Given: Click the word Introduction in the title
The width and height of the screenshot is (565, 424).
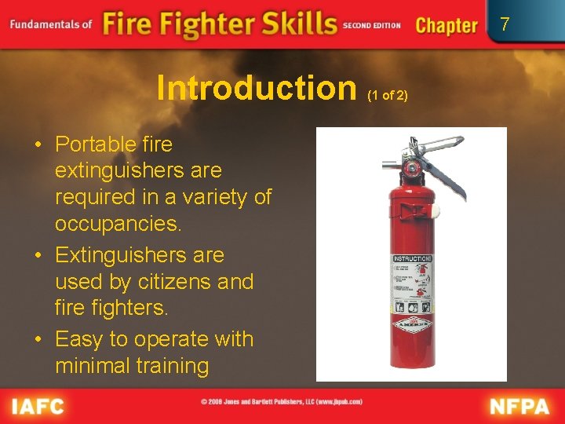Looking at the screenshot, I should (256, 88).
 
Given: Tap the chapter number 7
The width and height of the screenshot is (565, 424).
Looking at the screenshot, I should (505, 24).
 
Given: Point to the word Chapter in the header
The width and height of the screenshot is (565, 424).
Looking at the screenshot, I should (446, 25).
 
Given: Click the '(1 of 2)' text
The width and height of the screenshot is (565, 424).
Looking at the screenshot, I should (388, 95).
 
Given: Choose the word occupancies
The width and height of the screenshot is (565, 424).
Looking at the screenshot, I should (118, 223).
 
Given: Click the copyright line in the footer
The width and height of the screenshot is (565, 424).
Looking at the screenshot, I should (281, 402).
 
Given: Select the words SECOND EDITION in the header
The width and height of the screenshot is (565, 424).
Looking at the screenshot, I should (371, 25).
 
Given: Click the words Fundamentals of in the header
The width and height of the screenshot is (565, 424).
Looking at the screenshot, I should (51, 24).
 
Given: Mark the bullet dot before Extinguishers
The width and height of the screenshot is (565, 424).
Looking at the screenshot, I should (38, 256).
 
